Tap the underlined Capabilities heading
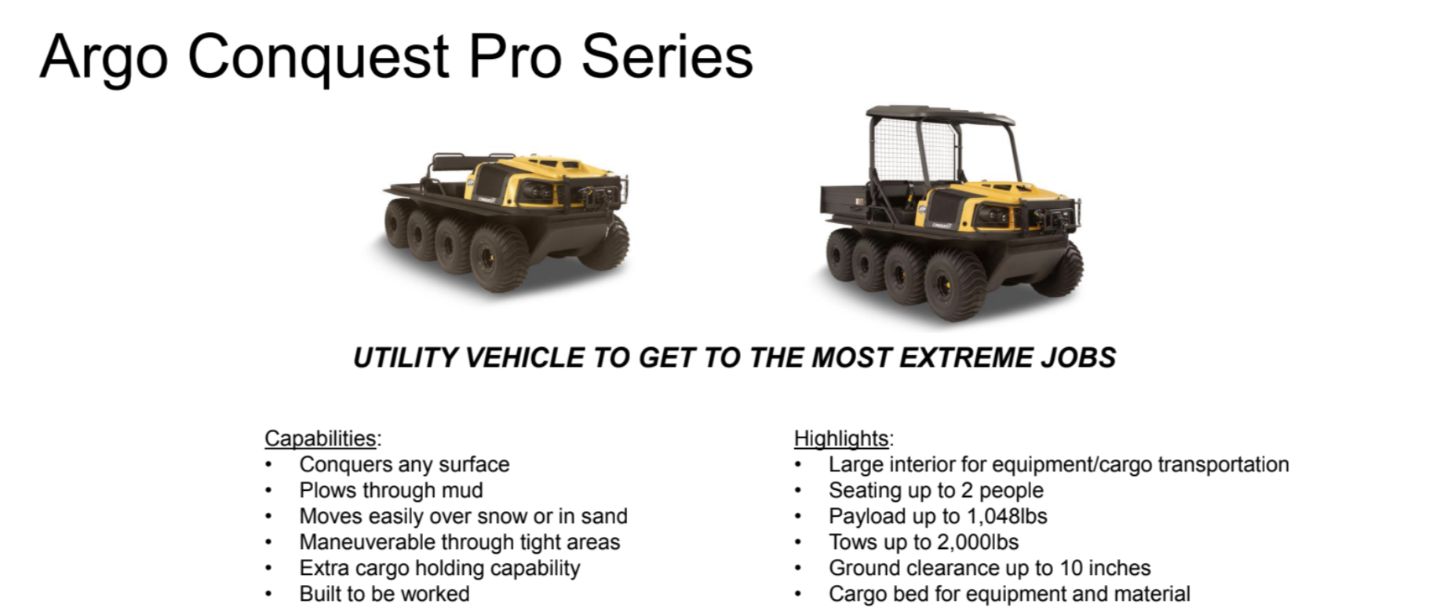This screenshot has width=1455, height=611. pos(320,438)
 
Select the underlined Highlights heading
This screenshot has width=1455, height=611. pos(841,438)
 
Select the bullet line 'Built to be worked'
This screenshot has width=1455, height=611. pos(385,594)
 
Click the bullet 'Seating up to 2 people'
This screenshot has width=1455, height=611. pos(936,490)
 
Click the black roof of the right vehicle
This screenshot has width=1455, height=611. pos(940,115)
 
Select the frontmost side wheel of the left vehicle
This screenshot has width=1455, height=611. pos(501,259)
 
